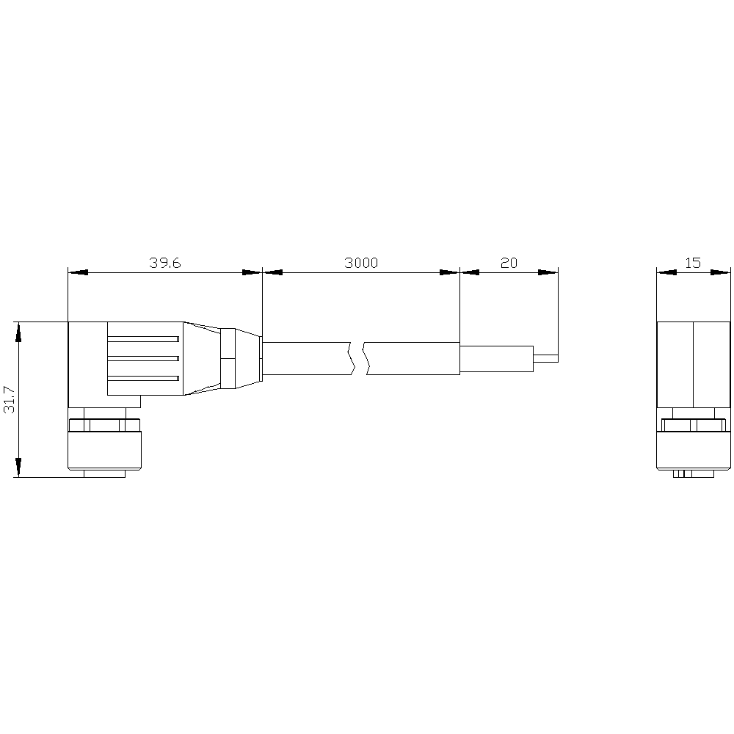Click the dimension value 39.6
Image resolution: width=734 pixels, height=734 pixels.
point(165,263)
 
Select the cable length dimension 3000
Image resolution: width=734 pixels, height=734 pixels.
point(361,263)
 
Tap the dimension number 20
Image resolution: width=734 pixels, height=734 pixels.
point(508,263)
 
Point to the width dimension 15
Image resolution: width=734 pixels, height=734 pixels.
point(694,263)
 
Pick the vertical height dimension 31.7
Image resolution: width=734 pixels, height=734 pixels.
point(10,399)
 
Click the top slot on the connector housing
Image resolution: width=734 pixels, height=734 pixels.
point(143,338)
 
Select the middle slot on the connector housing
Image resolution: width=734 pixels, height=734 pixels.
point(143,358)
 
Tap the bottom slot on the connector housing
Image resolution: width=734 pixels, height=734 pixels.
point(143,378)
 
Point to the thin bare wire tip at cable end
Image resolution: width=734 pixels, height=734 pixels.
point(545,358)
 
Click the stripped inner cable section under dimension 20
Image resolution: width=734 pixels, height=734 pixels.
point(496,358)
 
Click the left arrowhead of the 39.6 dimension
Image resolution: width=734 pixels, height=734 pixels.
point(78,272)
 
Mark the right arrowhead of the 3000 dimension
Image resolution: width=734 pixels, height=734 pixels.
point(449,272)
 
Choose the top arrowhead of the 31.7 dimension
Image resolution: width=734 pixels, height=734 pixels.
point(18,332)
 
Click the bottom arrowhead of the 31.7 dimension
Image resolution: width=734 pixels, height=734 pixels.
point(18,467)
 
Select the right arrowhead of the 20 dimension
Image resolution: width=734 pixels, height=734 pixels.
point(548,272)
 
